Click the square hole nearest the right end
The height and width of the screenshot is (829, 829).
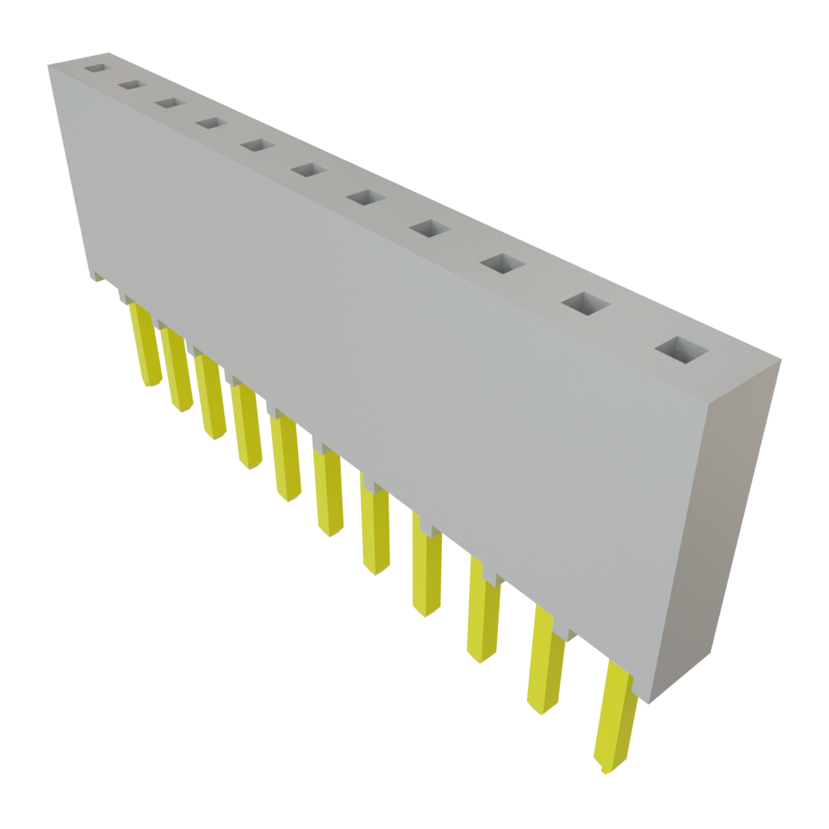(682, 351)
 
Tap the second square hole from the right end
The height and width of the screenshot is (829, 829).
(585, 304)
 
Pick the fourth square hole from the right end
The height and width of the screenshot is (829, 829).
(430, 228)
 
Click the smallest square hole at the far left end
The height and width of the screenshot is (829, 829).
(96, 69)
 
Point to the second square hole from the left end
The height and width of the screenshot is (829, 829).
(130, 84)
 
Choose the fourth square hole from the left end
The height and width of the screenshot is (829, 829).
(210, 123)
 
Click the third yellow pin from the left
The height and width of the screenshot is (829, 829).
(211, 400)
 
